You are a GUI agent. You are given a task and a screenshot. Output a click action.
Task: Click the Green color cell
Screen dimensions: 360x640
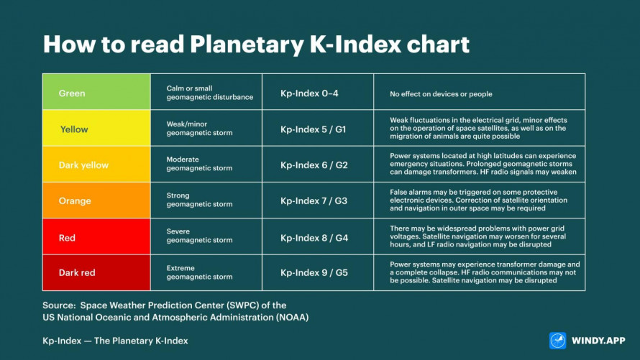(x=96, y=92)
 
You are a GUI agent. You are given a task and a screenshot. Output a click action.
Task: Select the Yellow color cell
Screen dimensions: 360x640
(x=96, y=129)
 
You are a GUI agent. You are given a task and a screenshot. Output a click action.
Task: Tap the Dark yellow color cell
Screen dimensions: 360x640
(x=96, y=165)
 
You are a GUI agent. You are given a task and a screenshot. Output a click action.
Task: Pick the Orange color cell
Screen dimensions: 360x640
(x=96, y=200)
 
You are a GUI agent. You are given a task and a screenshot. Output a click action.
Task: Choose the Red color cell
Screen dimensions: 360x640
(x=96, y=237)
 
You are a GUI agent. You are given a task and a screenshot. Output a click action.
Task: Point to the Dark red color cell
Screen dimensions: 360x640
(x=96, y=273)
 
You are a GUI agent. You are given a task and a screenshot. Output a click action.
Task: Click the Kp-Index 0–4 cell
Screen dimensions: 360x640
(x=317, y=93)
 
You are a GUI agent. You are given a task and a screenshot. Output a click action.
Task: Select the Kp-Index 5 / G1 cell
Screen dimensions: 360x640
(x=317, y=129)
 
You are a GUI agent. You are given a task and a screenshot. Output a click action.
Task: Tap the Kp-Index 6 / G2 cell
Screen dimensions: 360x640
(x=317, y=165)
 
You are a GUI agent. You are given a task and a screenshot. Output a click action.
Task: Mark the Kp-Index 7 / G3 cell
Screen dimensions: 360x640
(x=317, y=200)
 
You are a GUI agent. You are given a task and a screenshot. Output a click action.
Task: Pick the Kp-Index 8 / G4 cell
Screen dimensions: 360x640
(x=317, y=237)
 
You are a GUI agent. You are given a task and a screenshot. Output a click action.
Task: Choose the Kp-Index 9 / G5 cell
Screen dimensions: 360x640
(x=317, y=273)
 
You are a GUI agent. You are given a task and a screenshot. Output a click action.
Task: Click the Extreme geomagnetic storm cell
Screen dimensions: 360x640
(x=206, y=273)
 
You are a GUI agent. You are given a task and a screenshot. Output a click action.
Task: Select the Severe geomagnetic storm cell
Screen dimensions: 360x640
(x=206, y=237)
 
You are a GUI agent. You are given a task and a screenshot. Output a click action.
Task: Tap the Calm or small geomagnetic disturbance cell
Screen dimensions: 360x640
(x=206, y=93)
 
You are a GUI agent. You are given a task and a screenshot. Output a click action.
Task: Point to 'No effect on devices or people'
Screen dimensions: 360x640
(x=441, y=93)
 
